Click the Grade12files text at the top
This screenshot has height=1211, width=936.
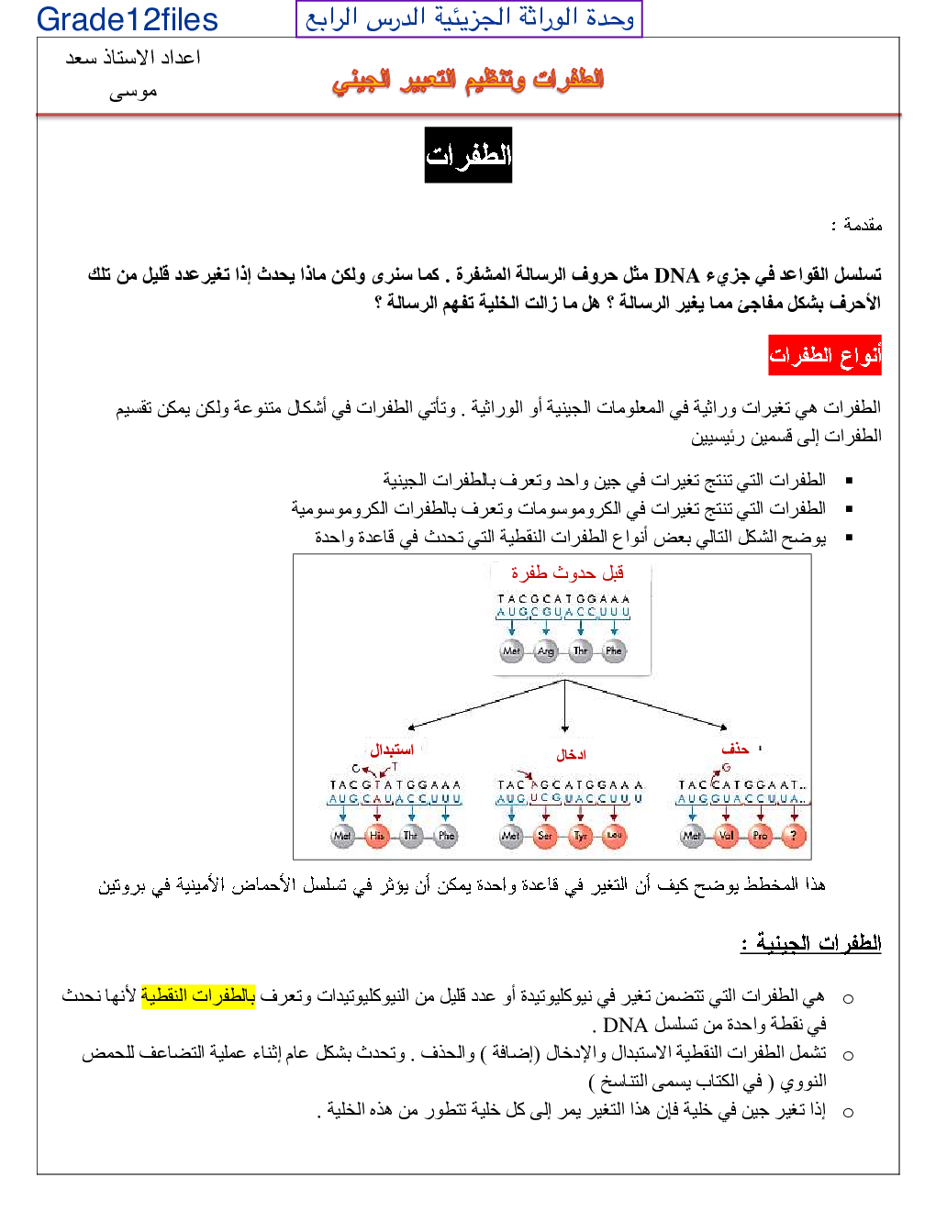tap(127, 19)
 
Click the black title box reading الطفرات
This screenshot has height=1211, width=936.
tap(468, 155)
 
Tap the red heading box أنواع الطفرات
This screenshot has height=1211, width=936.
tap(825, 355)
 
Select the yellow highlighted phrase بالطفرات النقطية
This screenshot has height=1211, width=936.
tap(198, 995)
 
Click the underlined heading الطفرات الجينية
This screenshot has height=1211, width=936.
tap(811, 942)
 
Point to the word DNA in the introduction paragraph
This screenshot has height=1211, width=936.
tap(676, 274)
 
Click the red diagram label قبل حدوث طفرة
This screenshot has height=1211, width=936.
tap(567, 572)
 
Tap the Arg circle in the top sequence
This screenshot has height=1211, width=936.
tap(546, 651)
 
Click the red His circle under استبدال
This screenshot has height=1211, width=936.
tap(376, 836)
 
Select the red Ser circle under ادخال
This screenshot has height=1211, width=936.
tap(545, 836)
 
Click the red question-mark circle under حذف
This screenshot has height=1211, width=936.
tap(795, 836)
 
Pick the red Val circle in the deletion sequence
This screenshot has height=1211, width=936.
tap(727, 836)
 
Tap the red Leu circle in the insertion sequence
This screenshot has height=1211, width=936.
tap(614, 836)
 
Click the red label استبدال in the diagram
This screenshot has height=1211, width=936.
tap(392, 750)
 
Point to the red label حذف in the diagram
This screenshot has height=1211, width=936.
tap(735, 750)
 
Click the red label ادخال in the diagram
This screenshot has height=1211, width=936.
tap(571, 755)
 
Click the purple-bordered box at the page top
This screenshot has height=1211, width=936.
tap(469, 18)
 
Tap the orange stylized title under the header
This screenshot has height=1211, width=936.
tap(468, 80)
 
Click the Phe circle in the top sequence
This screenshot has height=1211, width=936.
tap(614, 651)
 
